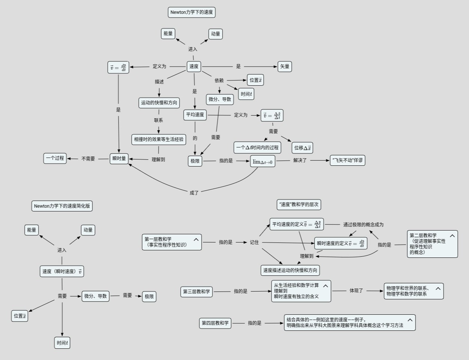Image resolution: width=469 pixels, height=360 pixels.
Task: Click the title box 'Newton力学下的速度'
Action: click(191, 12)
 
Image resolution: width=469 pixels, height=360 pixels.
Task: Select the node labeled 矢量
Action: click(285, 67)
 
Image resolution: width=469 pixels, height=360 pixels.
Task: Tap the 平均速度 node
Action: click(195, 115)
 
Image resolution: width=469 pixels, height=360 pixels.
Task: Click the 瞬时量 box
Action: click(119, 159)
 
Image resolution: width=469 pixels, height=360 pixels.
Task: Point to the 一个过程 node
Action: click(55, 158)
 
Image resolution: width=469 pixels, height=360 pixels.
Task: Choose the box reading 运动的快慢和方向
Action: click(159, 103)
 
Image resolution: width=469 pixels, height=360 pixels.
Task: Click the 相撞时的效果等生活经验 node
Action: click(159, 140)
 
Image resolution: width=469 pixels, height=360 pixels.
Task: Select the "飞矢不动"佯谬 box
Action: click(347, 161)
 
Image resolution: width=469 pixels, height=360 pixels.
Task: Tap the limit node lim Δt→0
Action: click(263, 161)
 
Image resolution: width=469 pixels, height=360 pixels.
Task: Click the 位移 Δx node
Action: click(302, 148)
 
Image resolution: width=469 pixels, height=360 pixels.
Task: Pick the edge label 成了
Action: click(194, 193)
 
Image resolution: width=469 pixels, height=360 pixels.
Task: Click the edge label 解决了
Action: click(300, 161)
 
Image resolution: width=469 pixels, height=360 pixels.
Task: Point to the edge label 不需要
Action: click(88, 159)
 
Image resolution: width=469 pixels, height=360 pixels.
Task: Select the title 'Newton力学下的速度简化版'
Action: click(62, 206)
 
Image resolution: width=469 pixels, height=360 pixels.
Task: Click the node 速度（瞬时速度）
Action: click(62, 272)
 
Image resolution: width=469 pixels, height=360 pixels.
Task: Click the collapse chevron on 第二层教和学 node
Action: click(452, 236)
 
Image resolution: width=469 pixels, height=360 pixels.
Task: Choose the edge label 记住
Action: click(254, 242)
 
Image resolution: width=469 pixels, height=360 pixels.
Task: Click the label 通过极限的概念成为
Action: click(363, 225)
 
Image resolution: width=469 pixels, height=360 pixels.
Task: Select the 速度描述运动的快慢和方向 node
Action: click(290, 270)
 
